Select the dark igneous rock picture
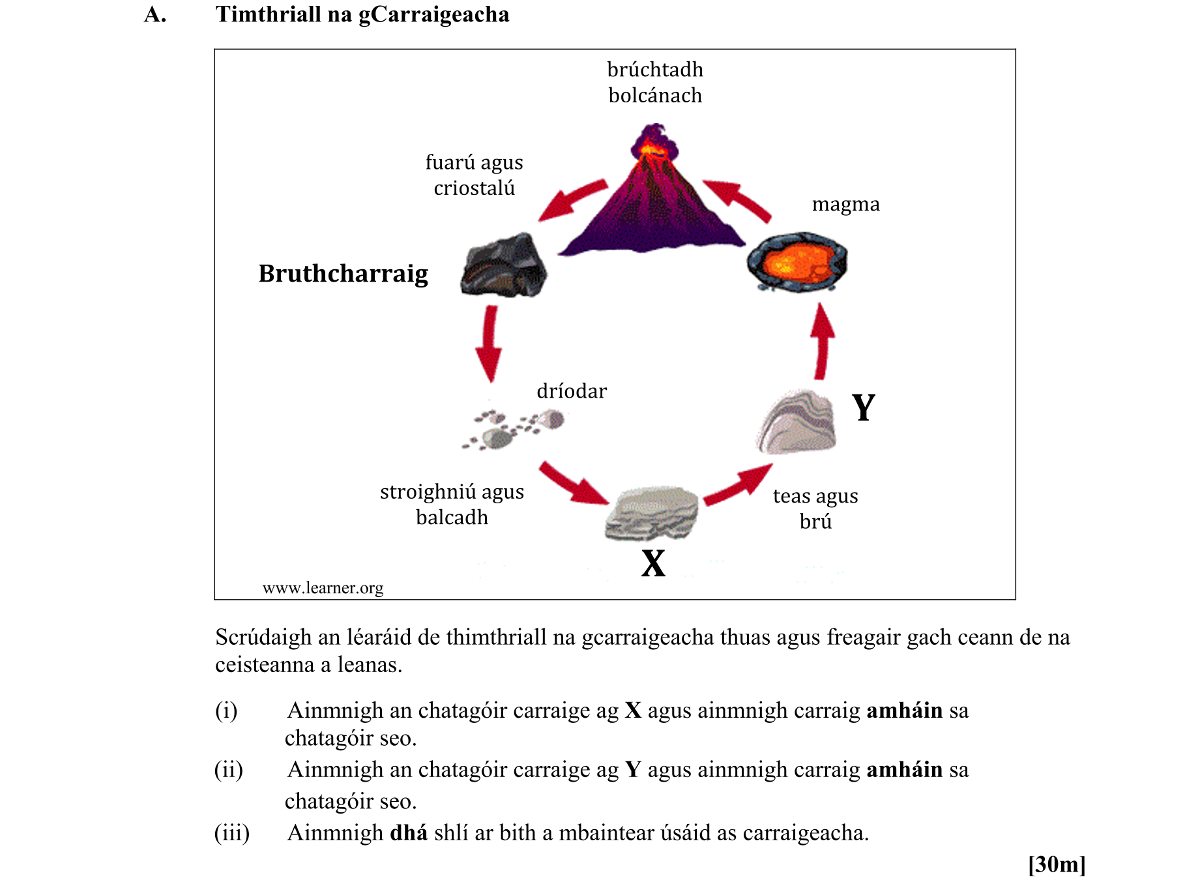click(504, 266)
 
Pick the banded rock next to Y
click(797, 422)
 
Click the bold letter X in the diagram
click(653, 563)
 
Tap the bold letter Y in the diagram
click(864, 408)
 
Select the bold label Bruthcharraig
click(344, 274)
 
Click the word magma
click(845, 205)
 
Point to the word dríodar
click(572, 391)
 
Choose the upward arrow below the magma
click(823, 342)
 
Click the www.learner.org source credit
click(323, 588)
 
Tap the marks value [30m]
click(1057, 864)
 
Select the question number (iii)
click(232, 833)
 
